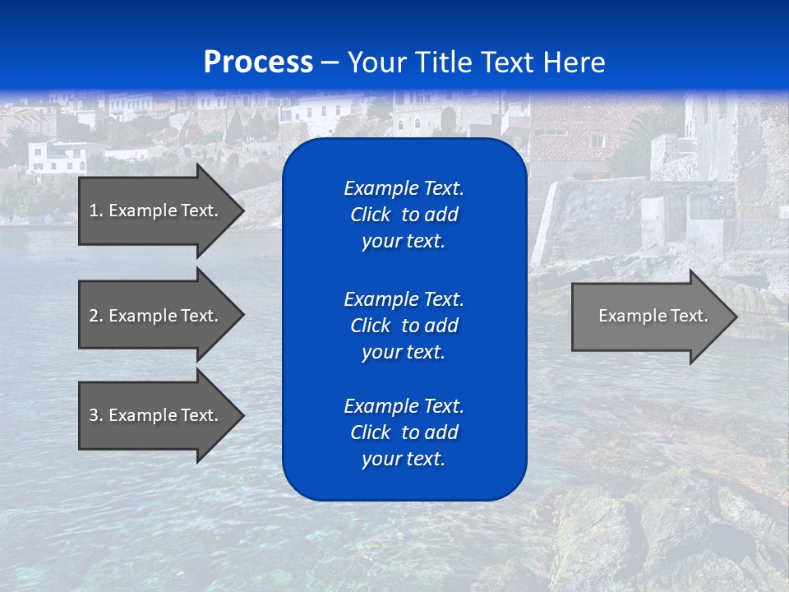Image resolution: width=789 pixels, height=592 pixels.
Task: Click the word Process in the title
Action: point(258,62)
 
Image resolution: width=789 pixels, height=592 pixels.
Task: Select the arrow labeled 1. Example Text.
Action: point(155,210)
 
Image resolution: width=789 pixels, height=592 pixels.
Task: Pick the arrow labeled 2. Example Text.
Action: point(155,316)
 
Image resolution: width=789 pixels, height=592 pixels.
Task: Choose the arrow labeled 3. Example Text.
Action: point(155,415)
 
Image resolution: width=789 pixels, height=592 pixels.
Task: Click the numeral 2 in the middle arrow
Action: point(94,316)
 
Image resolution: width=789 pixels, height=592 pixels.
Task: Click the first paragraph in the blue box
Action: point(404,215)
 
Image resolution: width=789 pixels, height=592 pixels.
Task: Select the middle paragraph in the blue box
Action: point(404,325)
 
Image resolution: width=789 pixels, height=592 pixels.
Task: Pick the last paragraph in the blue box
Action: point(404,432)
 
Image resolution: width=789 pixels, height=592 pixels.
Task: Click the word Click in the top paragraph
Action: point(371,215)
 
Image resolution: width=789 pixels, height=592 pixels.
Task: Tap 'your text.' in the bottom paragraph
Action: point(404,459)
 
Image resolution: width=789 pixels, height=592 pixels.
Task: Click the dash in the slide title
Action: point(330,62)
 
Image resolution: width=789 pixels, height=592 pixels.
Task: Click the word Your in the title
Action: point(373,62)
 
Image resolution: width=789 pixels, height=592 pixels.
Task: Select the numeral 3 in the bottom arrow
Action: point(94,415)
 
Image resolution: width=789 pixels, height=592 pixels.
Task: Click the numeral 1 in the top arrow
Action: point(94,210)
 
